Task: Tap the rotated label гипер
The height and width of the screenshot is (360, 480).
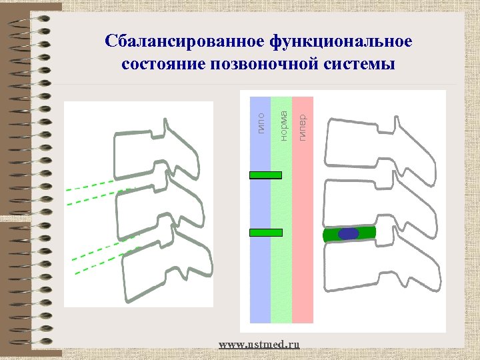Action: click(302, 127)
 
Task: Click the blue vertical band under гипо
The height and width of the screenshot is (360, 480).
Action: click(260, 280)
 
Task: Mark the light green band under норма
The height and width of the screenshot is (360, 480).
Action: click(281, 280)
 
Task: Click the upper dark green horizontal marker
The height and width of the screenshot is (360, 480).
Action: click(265, 175)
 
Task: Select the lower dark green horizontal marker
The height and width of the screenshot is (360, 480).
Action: click(265, 233)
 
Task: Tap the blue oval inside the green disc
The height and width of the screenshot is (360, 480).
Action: click(348, 234)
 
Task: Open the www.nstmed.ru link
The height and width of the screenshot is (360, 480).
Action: click(259, 344)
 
